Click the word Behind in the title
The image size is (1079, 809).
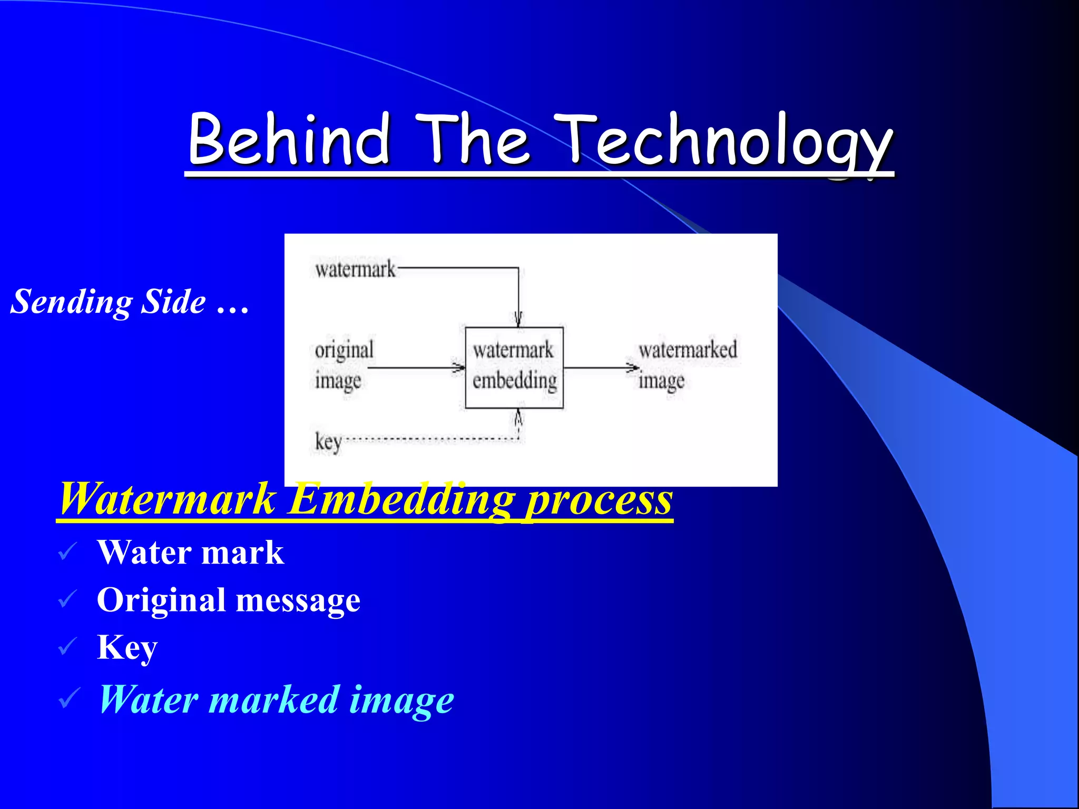tap(289, 139)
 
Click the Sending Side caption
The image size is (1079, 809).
tap(130, 302)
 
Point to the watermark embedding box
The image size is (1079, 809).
tap(514, 367)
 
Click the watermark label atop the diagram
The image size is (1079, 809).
tap(355, 269)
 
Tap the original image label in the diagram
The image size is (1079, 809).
tap(344, 364)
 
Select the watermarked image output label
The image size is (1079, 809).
tap(687, 364)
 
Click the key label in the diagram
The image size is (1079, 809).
tap(328, 441)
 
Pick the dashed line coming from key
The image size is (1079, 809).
tap(429, 439)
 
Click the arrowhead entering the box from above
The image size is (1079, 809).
tap(518, 319)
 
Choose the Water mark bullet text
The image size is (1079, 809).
tap(190, 553)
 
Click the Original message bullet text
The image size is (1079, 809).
tap(229, 600)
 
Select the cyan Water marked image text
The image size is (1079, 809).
tap(276, 699)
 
